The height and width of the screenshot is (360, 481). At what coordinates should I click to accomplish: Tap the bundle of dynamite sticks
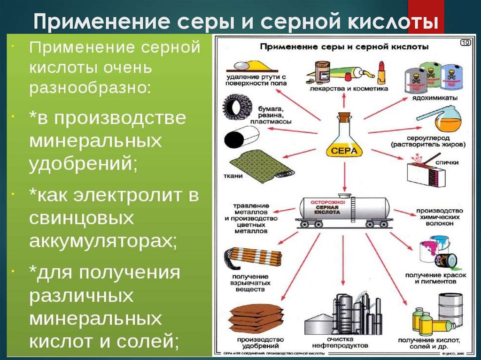click(x=254, y=258)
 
